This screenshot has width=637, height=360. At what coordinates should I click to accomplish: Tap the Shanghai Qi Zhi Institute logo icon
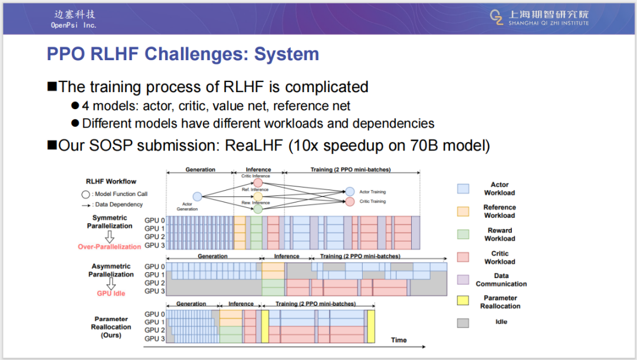click(x=497, y=18)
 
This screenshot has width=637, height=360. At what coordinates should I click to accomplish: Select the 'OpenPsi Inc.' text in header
click(x=73, y=25)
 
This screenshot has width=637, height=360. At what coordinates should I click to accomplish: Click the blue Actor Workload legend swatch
click(x=463, y=189)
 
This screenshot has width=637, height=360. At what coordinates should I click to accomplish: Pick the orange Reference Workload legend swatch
click(x=463, y=211)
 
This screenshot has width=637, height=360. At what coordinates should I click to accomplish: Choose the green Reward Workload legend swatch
click(x=463, y=234)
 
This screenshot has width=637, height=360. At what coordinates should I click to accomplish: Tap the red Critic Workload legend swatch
click(x=463, y=257)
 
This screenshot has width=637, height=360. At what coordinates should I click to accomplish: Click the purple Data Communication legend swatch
click(x=463, y=280)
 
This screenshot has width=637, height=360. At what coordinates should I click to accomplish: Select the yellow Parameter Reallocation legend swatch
click(x=463, y=302)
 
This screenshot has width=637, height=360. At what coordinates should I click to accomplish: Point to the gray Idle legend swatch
click(x=463, y=322)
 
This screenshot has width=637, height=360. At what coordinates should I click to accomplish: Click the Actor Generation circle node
click(x=197, y=197)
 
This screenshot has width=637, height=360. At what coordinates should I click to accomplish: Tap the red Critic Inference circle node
click(x=258, y=183)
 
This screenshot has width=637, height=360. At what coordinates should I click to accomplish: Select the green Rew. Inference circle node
click(x=258, y=209)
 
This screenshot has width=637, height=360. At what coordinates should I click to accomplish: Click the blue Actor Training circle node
click(x=350, y=192)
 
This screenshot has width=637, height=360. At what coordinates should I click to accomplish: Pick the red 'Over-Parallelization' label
click(x=109, y=247)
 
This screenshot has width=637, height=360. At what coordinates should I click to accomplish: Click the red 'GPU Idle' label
click(x=111, y=293)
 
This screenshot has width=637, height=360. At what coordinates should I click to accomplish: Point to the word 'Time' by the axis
click(x=399, y=340)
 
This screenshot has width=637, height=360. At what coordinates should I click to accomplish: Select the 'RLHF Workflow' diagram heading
click(x=111, y=182)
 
